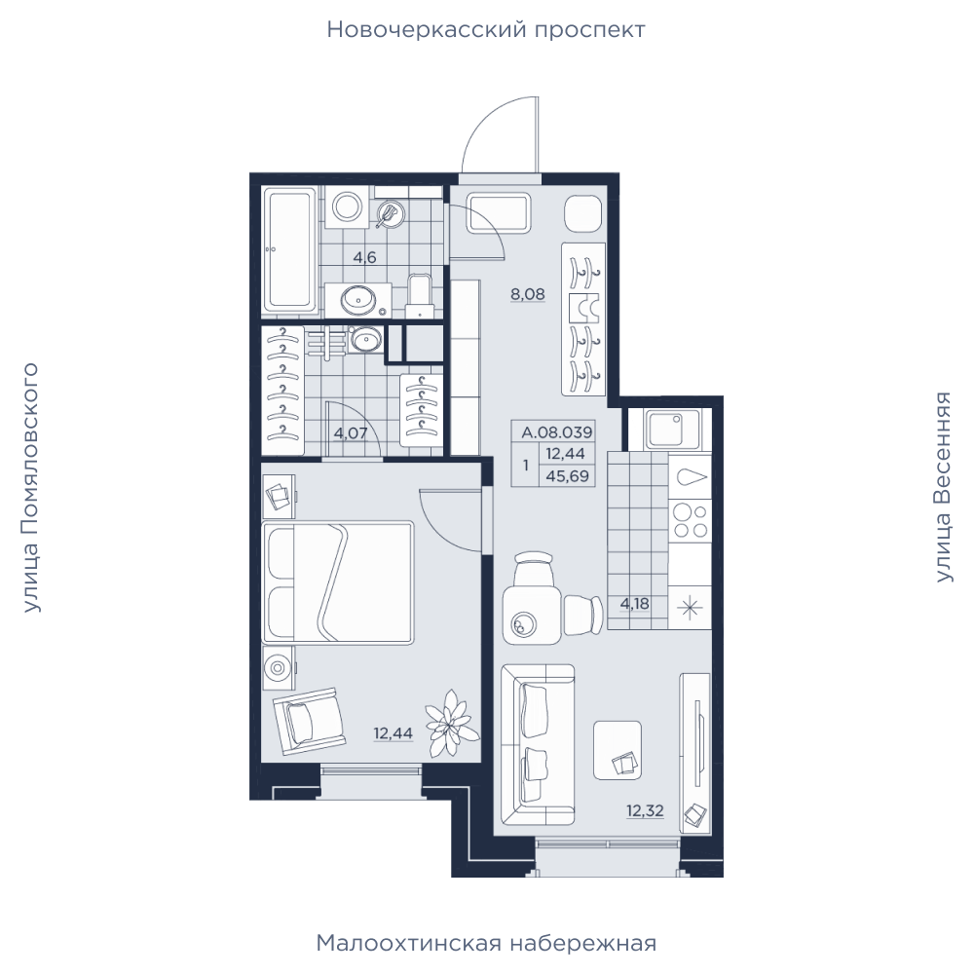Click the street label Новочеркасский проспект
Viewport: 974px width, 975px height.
(x=486, y=30)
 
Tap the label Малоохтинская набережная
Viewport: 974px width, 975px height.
(x=486, y=943)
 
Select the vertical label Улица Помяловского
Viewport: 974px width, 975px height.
(x=30, y=488)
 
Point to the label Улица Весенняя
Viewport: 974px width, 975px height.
(x=944, y=487)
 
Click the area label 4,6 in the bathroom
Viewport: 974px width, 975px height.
(x=364, y=257)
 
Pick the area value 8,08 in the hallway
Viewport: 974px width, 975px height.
(x=528, y=294)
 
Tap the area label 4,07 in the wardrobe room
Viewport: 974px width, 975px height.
(x=351, y=432)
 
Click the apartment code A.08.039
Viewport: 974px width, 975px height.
(x=557, y=431)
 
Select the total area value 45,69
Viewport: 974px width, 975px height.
(x=567, y=477)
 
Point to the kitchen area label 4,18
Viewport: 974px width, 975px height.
(x=634, y=603)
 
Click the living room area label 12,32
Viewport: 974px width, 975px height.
(x=645, y=810)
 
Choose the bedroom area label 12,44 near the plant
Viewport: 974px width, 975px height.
(x=393, y=733)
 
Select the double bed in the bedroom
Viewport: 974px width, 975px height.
(x=338, y=582)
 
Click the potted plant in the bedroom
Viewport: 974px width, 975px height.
(x=451, y=722)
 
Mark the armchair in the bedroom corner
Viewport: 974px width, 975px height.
(x=309, y=721)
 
